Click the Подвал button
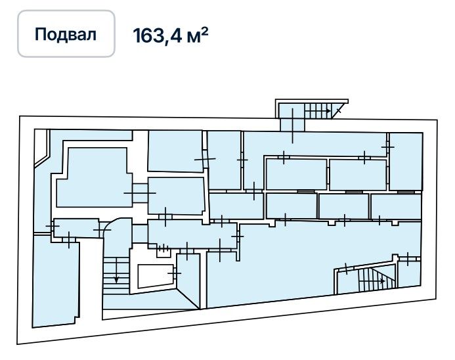coord(66,34)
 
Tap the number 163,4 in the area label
coord(158,35)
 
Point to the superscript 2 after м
coord(205,32)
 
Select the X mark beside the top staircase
coord(338,110)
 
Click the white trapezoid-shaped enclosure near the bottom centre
coord(156,276)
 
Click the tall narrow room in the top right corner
coord(406,162)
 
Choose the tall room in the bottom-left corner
coord(55,281)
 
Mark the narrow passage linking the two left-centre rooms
coord(140,192)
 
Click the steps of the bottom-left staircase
coord(116,275)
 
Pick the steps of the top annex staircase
coord(318,111)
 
